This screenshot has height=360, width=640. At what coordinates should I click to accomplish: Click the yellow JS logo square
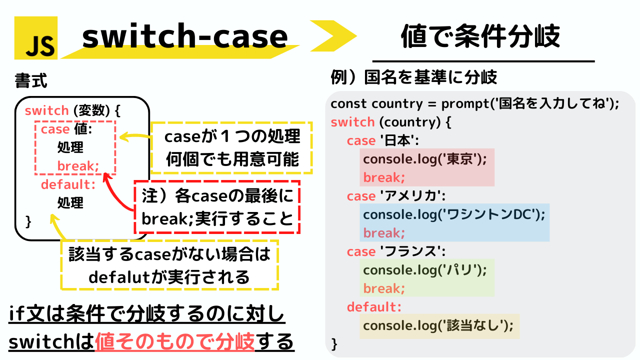click(x=36, y=38)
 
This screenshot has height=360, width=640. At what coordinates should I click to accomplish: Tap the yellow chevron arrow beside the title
click(x=333, y=36)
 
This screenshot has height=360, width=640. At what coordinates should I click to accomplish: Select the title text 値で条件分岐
click(x=480, y=36)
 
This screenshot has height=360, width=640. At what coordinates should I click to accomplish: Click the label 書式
click(x=31, y=80)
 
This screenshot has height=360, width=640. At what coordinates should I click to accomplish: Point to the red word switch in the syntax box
click(x=46, y=110)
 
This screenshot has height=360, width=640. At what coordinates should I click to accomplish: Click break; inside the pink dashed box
click(x=78, y=165)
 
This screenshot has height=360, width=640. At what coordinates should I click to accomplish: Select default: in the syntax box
click(x=68, y=184)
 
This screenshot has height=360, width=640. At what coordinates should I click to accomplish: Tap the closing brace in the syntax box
click(x=28, y=221)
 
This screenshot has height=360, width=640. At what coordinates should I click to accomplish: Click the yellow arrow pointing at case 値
click(x=135, y=136)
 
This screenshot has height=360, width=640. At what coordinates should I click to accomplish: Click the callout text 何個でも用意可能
click(x=232, y=159)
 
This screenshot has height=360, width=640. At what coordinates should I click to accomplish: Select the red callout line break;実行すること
click(x=217, y=219)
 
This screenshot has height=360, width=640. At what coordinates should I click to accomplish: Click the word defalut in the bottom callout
click(x=119, y=277)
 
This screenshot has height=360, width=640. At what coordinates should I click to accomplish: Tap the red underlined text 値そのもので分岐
click(x=174, y=341)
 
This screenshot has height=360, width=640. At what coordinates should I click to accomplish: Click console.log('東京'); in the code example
click(x=425, y=159)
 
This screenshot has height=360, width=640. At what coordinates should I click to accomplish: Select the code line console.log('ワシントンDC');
click(x=454, y=214)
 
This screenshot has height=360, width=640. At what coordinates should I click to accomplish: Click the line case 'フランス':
click(x=396, y=251)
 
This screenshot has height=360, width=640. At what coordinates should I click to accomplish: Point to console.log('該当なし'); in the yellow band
click(x=438, y=325)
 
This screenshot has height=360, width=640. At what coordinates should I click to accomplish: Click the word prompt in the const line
click(x=465, y=104)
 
